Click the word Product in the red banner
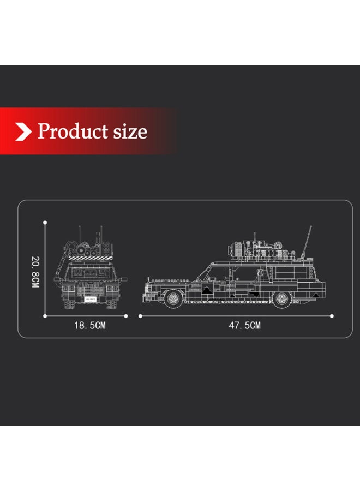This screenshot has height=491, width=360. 73,131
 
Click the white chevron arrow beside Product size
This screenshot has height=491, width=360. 23,131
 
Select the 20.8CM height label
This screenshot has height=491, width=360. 35,272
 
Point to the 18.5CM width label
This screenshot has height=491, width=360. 90,325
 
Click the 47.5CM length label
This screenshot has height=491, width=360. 244,325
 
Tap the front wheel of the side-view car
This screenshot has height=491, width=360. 173,298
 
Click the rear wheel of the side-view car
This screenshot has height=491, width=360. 281,299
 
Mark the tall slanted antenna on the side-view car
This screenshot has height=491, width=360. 307,242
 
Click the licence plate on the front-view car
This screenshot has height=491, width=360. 90,300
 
